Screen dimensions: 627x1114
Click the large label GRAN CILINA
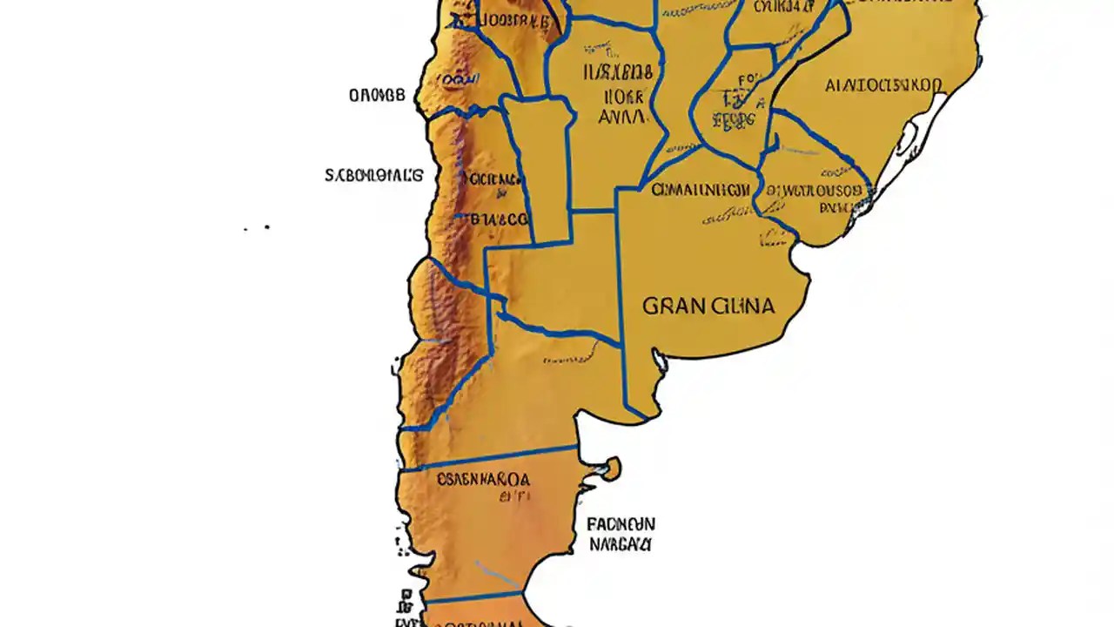[x=708, y=307]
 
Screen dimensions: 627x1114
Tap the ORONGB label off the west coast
[x=377, y=96]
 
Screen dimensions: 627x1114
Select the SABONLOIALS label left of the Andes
[x=374, y=175]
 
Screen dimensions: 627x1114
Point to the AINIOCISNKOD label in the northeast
[x=882, y=85]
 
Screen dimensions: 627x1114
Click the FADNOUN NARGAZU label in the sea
[x=620, y=534]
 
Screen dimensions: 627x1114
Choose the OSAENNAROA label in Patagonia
[x=483, y=479]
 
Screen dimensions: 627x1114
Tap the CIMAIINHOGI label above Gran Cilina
[x=701, y=189]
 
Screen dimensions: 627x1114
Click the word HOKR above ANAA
[x=621, y=95]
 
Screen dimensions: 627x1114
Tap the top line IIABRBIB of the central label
[x=620, y=72]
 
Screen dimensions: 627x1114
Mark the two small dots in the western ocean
[x=257, y=228]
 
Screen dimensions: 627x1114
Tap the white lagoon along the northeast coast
[x=909, y=139]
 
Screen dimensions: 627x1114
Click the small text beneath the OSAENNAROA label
[x=515, y=497]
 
